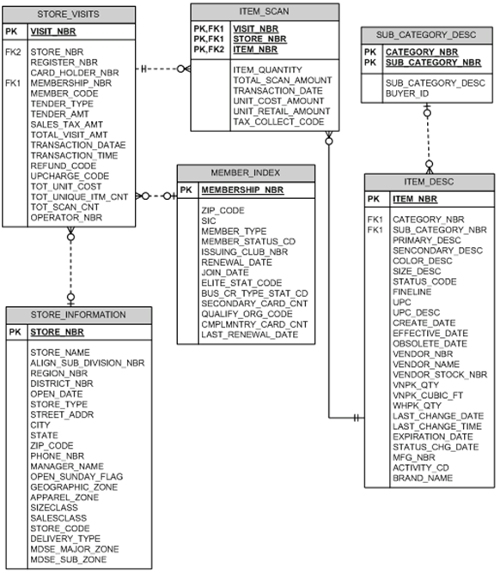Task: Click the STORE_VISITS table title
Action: point(70,15)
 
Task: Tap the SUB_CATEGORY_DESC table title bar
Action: point(427,35)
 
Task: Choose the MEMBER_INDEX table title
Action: point(244,173)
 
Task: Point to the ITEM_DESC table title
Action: point(429,182)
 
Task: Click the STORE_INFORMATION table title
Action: point(80,314)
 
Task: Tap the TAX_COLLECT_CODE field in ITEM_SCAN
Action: point(278,122)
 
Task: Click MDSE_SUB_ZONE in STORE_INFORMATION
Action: point(69,558)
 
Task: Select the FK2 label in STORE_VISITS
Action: point(13,52)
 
